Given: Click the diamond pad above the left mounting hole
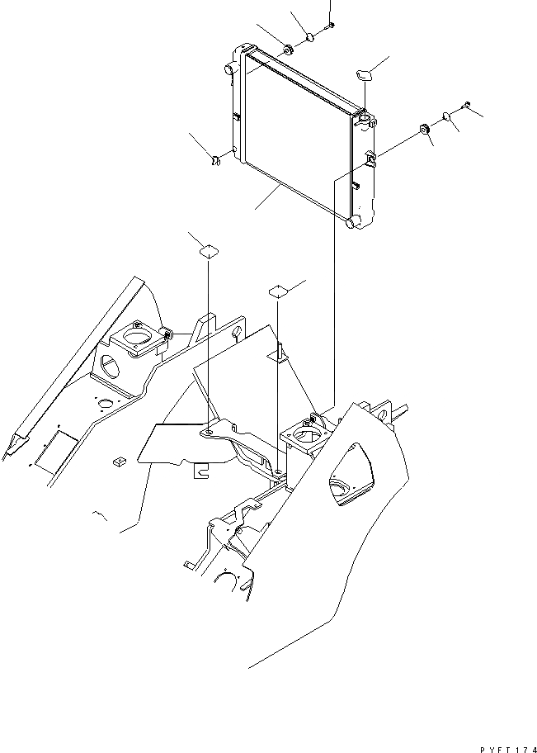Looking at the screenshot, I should (x=209, y=251).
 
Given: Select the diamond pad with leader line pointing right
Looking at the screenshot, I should (x=278, y=290).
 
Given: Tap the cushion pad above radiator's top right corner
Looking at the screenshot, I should (x=365, y=74).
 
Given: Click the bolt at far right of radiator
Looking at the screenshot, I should (x=467, y=105).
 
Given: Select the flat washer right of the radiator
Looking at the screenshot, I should (x=446, y=116).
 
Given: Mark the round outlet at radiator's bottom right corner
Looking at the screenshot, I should (x=352, y=222).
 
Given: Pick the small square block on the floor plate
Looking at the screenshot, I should (x=118, y=461).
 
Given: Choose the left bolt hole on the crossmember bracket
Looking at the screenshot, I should (x=210, y=431).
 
